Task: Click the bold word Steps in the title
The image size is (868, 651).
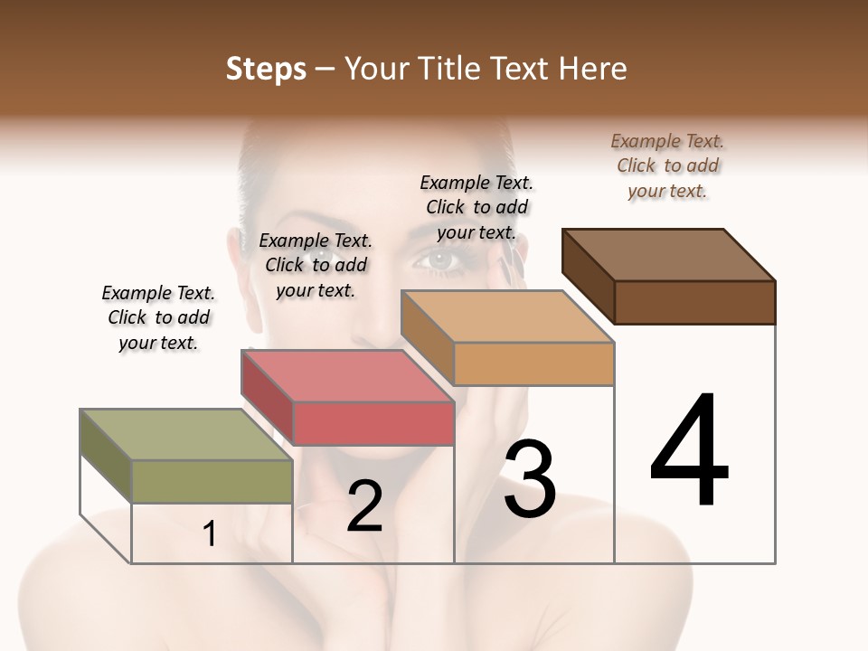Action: click(266, 69)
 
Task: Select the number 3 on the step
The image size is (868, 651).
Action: click(530, 478)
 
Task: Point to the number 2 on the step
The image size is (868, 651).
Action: click(364, 505)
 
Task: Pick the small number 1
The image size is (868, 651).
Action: click(210, 534)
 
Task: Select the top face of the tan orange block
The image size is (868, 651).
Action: click(508, 316)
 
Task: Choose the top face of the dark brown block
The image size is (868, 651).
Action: click(669, 254)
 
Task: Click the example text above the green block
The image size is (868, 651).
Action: click(158, 317)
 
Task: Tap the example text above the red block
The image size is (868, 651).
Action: click(316, 265)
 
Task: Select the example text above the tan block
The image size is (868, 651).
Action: click(476, 207)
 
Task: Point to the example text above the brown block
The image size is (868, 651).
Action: click(667, 165)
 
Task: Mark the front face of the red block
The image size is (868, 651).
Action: click(373, 423)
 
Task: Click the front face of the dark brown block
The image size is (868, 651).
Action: click(694, 302)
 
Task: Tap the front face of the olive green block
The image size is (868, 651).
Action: click(212, 481)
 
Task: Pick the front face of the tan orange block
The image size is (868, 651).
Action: click(533, 363)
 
